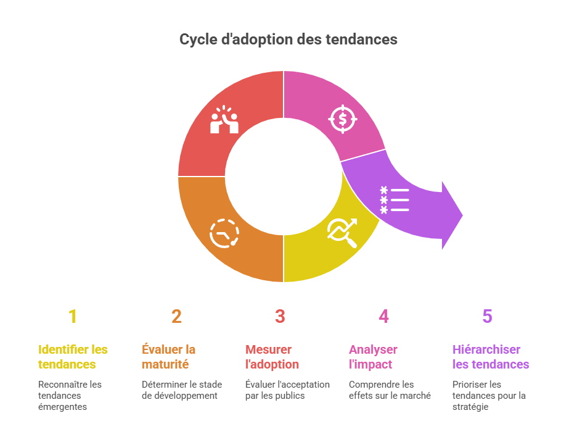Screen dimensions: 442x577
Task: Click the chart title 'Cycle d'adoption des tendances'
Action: point(288,40)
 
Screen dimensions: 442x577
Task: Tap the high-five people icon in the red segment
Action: point(224,120)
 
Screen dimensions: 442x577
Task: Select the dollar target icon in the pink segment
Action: point(343,119)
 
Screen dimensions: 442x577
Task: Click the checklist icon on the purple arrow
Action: point(395,200)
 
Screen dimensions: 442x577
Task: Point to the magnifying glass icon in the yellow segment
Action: point(343,233)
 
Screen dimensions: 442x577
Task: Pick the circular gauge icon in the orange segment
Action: point(224,233)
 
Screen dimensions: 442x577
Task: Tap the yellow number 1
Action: point(73,317)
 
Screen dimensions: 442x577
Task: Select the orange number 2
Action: point(176,317)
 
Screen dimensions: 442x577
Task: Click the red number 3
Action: point(280,317)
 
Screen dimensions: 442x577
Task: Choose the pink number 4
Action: point(383,317)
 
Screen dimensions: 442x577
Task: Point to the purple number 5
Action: point(487,317)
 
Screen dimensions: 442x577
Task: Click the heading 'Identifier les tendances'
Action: point(73,357)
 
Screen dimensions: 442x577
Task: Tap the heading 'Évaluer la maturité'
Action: point(169,357)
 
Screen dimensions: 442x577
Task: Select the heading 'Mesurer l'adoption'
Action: point(272,357)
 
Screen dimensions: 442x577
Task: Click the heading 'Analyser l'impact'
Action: point(373,357)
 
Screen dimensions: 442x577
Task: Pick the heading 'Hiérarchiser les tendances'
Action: point(491,357)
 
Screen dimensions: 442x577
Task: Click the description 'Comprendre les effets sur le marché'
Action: point(390,390)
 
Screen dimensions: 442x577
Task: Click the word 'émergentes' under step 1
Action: point(62,407)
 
